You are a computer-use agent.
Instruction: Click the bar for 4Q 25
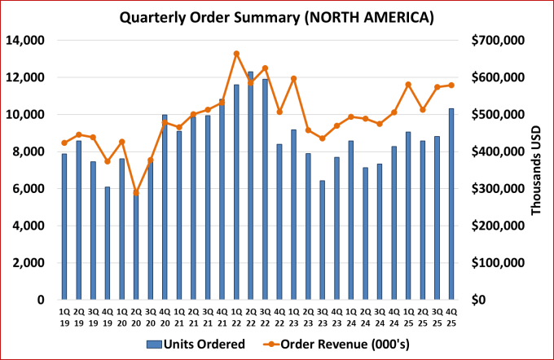click(x=451, y=204)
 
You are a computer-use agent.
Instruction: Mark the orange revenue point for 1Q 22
click(x=236, y=54)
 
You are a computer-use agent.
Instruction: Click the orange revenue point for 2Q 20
click(x=136, y=193)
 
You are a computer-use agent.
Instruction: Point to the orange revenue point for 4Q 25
click(x=451, y=85)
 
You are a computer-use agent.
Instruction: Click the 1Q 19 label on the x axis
click(x=64, y=317)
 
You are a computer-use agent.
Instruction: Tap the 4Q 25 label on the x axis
click(x=451, y=317)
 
